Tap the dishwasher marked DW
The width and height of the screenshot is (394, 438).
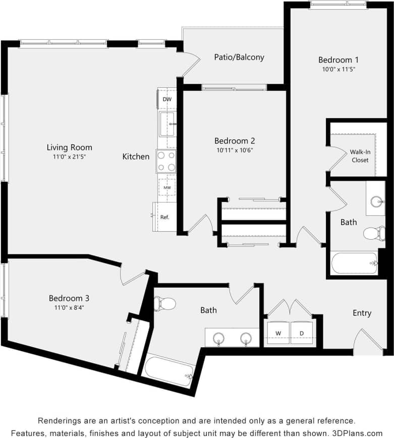167,99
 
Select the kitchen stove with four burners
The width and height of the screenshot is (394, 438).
166,161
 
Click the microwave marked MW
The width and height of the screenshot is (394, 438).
166,188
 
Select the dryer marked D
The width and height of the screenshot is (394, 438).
302,333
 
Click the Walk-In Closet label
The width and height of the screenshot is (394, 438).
360,156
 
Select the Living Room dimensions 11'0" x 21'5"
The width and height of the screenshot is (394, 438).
70,157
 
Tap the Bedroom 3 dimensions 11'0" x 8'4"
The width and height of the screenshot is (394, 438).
69,307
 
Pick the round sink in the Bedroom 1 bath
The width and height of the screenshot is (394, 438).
376,202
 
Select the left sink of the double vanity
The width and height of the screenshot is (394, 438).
219,338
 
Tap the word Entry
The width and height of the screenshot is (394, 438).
362,313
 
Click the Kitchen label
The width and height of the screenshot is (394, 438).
136,156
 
